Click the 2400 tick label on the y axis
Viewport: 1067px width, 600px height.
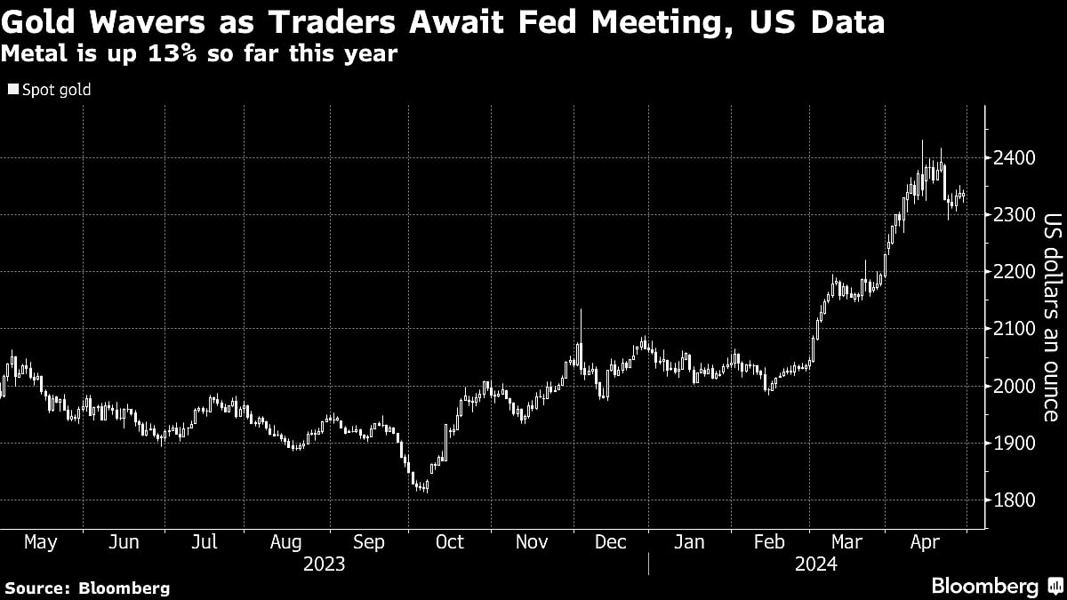coord(1014,158)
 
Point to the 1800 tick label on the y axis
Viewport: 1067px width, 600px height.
coord(1014,500)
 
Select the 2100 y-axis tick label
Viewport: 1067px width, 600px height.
coord(1014,329)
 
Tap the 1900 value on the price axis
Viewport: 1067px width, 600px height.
coord(1014,444)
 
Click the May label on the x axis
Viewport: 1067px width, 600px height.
coord(40,542)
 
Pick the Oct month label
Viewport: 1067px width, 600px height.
coord(449,542)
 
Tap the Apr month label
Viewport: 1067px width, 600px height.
coord(927,542)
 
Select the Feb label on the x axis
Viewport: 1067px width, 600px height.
coord(769,542)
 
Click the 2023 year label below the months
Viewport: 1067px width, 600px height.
coord(324,564)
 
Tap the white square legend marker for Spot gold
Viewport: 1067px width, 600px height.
coord(12,90)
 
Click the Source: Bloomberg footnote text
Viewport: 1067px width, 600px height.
coord(86,588)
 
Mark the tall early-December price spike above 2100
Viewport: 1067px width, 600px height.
coord(581,324)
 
